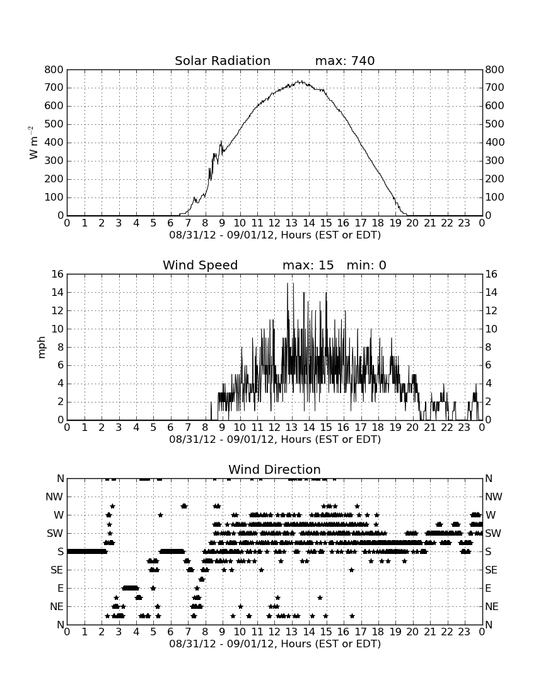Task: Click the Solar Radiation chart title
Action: [x=223, y=61]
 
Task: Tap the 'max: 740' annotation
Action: [x=345, y=61]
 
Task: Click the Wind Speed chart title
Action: [x=201, y=265]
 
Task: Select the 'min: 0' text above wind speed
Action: [x=366, y=265]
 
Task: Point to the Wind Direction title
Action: [x=275, y=469]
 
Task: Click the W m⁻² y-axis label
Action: [x=33, y=143]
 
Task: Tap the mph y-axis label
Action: [x=42, y=348]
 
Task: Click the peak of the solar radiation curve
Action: [x=300, y=81]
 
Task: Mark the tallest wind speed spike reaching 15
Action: [x=288, y=283]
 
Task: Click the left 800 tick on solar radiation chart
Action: [x=54, y=69]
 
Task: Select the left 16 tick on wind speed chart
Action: [x=58, y=274]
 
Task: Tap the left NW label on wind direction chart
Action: [x=54, y=497]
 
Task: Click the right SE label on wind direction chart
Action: [x=491, y=570]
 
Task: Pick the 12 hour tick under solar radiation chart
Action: [x=274, y=223]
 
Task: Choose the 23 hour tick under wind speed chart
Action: [x=464, y=428]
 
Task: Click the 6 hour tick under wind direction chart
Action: [x=171, y=632]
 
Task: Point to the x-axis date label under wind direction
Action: [x=275, y=644]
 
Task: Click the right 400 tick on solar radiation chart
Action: [x=495, y=143]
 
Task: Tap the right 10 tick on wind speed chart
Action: [x=491, y=329]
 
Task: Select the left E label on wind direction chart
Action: [x=61, y=588]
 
